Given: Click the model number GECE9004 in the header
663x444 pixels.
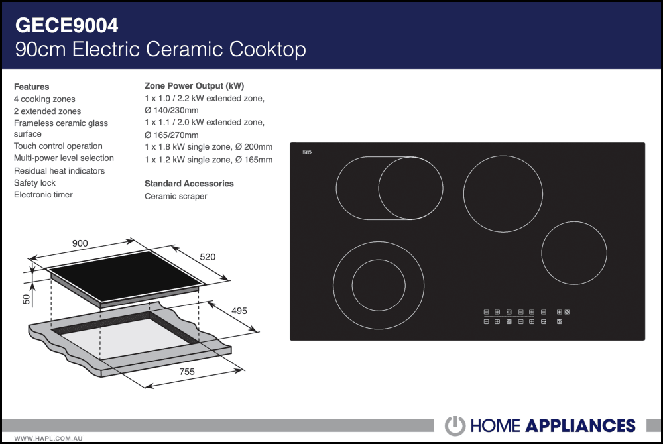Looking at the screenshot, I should click(x=66, y=25).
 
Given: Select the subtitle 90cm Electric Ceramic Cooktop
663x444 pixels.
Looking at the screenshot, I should click(x=160, y=50).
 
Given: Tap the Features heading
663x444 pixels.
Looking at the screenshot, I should click(x=31, y=87).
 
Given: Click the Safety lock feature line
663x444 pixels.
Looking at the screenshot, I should click(x=34, y=183).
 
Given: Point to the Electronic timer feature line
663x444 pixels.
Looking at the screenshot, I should click(x=43, y=195).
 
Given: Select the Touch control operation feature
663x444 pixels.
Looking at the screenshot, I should click(x=58, y=146).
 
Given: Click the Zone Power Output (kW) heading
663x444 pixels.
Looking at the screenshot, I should click(x=194, y=86).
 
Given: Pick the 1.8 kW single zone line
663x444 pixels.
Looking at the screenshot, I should click(x=208, y=147).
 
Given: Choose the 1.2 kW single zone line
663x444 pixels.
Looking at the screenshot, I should click(x=208, y=160).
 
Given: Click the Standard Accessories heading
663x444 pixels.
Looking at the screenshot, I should click(x=189, y=184).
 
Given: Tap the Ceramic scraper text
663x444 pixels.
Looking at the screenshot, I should click(x=176, y=196).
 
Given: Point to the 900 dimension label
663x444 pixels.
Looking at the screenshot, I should click(x=80, y=244).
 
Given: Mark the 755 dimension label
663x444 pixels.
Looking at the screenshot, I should click(x=187, y=372).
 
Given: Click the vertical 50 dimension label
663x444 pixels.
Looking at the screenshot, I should click(x=27, y=299).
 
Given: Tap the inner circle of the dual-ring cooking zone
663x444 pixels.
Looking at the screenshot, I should click(x=378, y=286).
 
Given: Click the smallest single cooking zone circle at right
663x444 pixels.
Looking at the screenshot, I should click(x=574, y=252).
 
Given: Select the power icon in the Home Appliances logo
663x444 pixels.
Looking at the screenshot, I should click(x=455, y=425).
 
